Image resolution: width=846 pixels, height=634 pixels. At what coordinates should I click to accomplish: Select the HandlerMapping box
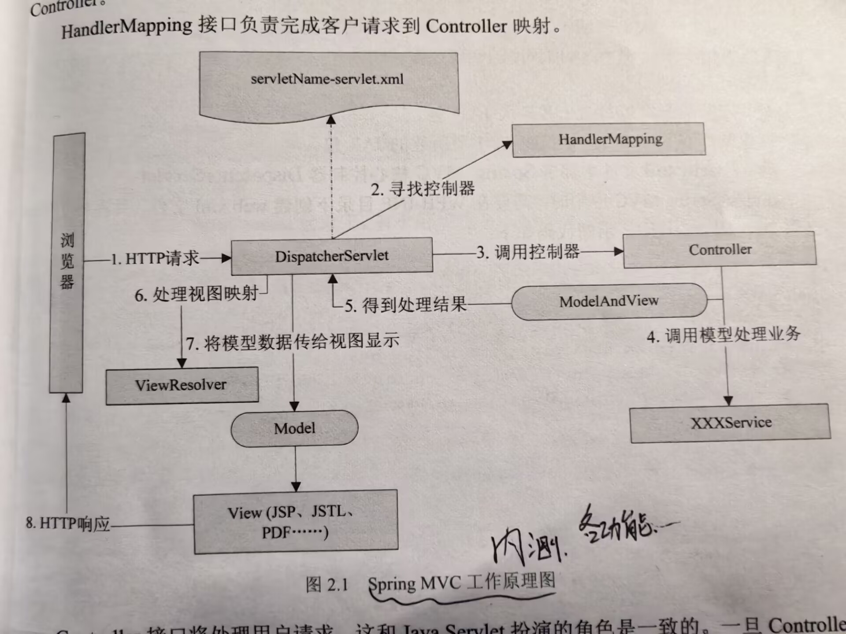tap(609, 140)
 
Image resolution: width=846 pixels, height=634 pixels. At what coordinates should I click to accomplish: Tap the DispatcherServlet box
tap(331, 256)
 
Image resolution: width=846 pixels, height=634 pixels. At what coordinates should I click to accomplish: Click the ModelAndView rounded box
tap(609, 301)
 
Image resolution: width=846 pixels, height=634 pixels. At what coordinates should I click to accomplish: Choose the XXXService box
tap(730, 423)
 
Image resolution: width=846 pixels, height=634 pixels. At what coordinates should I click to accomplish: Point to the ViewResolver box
tap(182, 385)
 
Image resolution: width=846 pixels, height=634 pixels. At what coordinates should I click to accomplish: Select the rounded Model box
tap(294, 428)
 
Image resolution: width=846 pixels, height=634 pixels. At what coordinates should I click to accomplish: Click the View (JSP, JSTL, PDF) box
tap(295, 522)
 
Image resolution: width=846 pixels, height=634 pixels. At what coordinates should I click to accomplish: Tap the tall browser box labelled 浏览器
tap(67, 262)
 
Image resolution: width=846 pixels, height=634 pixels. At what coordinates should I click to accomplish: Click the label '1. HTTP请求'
tap(155, 258)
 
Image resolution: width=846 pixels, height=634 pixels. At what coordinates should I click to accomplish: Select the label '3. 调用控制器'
tap(528, 252)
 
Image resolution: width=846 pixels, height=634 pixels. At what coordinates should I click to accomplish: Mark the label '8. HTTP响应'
tap(68, 523)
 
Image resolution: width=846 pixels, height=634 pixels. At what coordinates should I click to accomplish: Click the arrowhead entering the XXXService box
tap(728, 401)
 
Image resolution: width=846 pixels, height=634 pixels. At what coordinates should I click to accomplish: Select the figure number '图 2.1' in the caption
tap(327, 585)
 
